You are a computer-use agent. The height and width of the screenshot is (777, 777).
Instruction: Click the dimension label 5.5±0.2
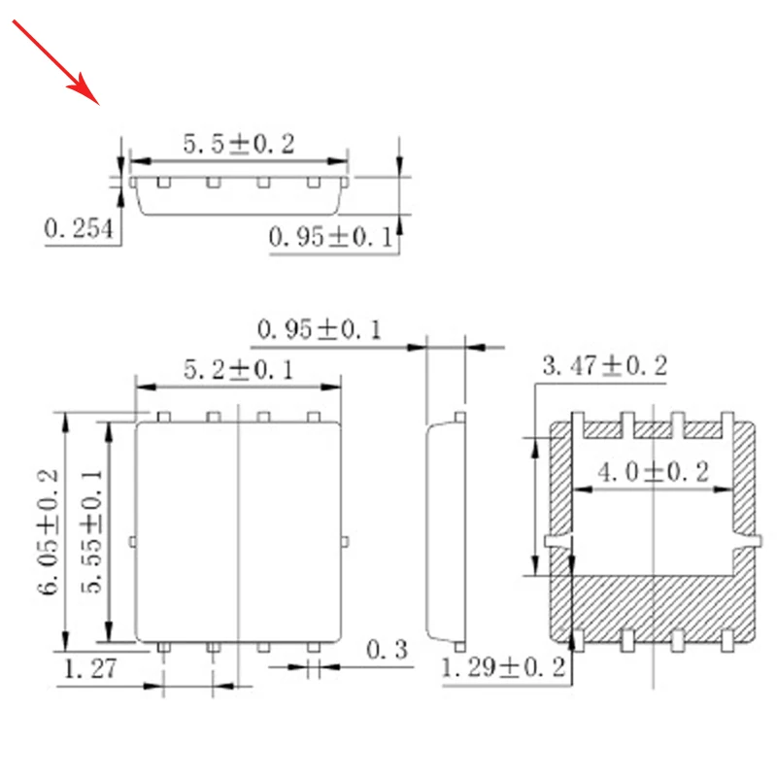click(x=238, y=144)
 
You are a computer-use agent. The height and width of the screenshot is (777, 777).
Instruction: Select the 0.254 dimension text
click(x=81, y=229)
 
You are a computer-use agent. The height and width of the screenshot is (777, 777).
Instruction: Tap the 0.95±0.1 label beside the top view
click(x=330, y=236)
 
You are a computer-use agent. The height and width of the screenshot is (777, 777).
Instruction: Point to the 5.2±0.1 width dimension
click(x=238, y=370)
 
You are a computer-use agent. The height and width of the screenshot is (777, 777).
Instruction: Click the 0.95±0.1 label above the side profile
click(x=319, y=329)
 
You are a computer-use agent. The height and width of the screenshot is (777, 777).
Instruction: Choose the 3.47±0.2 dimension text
click(x=604, y=366)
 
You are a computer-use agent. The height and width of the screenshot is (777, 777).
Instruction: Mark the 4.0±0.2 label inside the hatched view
click(x=653, y=473)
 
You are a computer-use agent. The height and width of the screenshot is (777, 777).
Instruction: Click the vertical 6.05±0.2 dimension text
click(x=50, y=533)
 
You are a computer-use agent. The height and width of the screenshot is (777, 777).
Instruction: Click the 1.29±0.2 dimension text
click(x=503, y=667)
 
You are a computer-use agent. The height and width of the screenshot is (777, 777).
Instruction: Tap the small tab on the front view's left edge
click(x=131, y=541)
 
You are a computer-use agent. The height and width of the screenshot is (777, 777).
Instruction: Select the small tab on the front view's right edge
click(x=346, y=541)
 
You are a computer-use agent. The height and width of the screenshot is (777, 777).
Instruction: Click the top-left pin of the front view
click(x=164, y=417)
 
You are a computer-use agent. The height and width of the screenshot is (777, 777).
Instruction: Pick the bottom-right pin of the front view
click(x=313, y=646)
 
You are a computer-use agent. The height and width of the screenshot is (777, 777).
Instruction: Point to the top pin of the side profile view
click(x=461, y=418)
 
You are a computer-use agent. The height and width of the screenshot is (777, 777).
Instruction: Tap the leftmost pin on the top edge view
click(x=164, y=182)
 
